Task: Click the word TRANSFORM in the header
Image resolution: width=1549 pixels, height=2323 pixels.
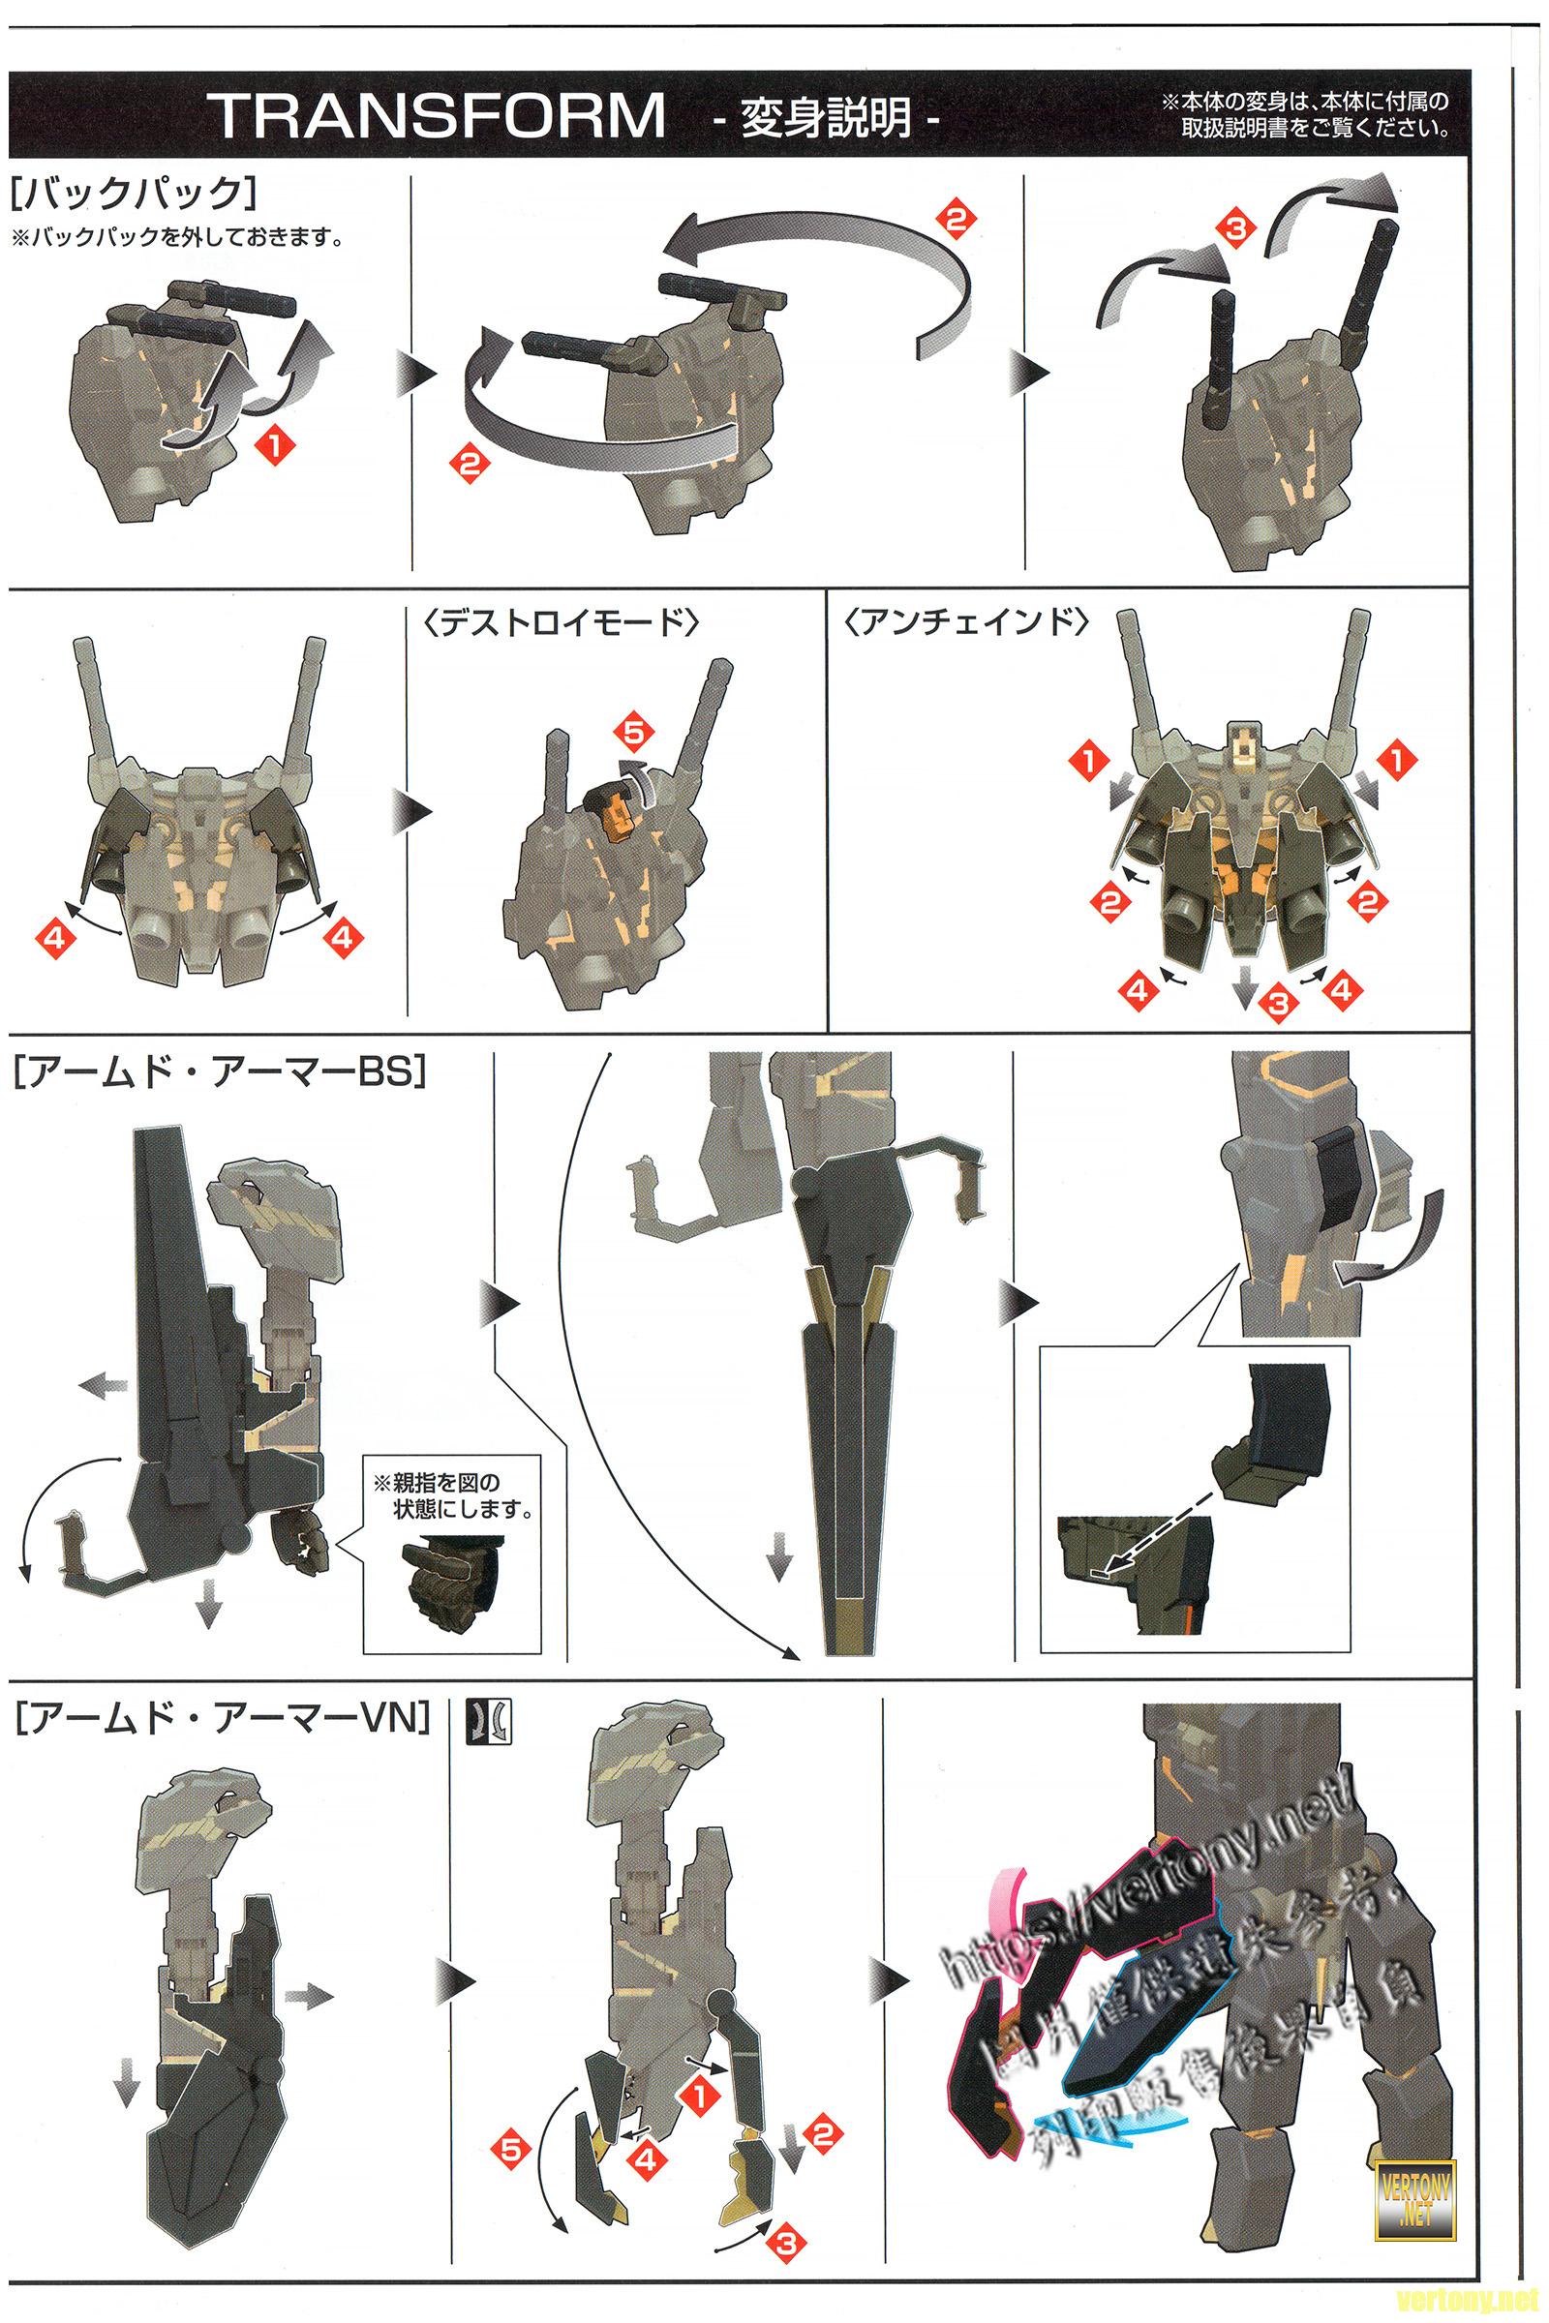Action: (x=440, y=115)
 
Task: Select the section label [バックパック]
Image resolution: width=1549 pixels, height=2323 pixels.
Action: (x=137, y=193)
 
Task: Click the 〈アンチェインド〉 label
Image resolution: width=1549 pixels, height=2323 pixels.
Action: (x=969, y=623)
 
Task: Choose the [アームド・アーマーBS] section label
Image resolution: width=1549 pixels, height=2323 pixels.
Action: (x=220, y=1072)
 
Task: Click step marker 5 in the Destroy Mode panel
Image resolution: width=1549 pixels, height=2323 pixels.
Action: (x=633, y=733)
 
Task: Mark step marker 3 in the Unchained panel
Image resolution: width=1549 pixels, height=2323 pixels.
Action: (x=1277, y=1005)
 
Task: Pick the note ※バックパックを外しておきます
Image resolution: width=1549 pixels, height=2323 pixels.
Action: (x=178, y=238)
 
